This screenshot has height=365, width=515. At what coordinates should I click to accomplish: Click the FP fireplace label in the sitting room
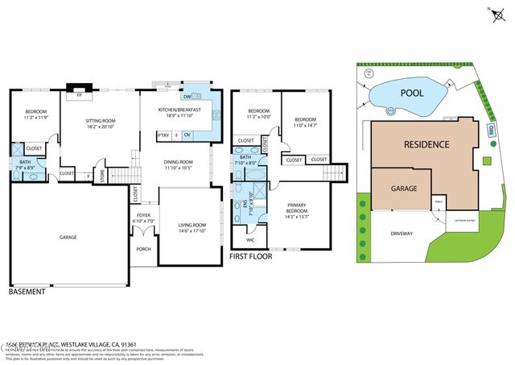79,95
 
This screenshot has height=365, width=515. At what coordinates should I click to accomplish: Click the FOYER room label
144,216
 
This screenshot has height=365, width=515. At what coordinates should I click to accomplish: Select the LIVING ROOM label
192,225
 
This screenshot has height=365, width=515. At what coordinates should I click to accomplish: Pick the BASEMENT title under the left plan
27,292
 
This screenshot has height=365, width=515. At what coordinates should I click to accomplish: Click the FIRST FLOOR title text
250,256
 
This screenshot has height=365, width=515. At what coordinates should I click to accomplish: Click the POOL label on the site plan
412,93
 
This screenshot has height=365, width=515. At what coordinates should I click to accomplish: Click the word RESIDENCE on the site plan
426,144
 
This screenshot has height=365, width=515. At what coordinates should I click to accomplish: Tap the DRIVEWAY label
402,234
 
